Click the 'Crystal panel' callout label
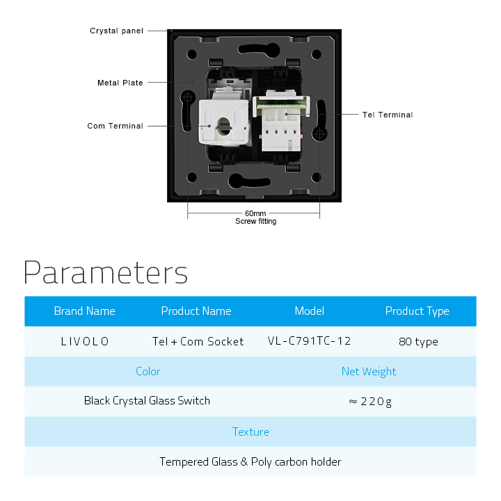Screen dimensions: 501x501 point(116,31)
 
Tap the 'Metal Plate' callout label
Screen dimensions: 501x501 point(120,83)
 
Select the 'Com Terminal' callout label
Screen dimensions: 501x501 point(116,126)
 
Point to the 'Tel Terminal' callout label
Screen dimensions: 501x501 point(388,115)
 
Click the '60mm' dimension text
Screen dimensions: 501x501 point(255,213)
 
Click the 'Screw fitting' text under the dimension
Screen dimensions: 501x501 point(256,221)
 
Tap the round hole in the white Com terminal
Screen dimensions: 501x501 point(223,126)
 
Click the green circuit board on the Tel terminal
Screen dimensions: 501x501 point(281,106)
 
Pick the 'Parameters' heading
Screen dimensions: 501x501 point(106,272)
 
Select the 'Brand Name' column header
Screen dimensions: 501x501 point(84,311)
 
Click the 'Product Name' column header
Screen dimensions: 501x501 point(196,311)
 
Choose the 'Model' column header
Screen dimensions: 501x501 point(310,311)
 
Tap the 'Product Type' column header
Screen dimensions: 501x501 point(417,311)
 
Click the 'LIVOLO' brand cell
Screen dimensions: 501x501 point(85,342)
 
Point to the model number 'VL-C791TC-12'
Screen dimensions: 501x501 point(310,341)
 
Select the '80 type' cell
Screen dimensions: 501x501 point(418,342)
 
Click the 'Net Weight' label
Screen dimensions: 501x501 point(369,371)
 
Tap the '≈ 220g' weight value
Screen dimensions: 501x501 point(370,402)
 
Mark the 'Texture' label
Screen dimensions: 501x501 point(250,432)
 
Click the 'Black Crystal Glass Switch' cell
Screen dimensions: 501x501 point(147,401)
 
